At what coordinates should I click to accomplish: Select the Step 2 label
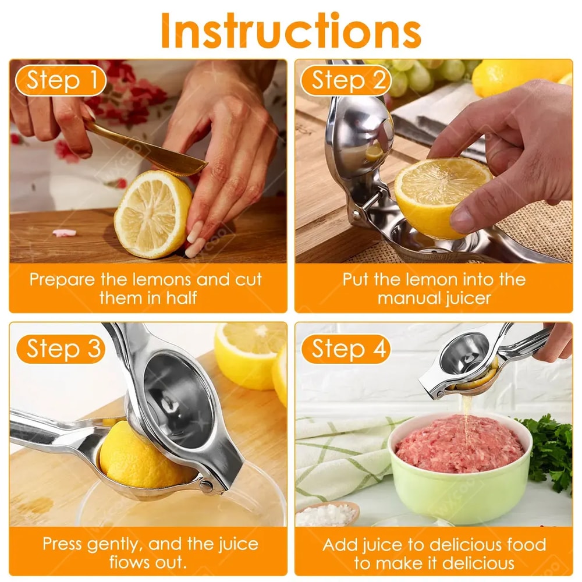coord(349,81)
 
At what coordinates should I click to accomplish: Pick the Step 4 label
coord(349,349)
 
